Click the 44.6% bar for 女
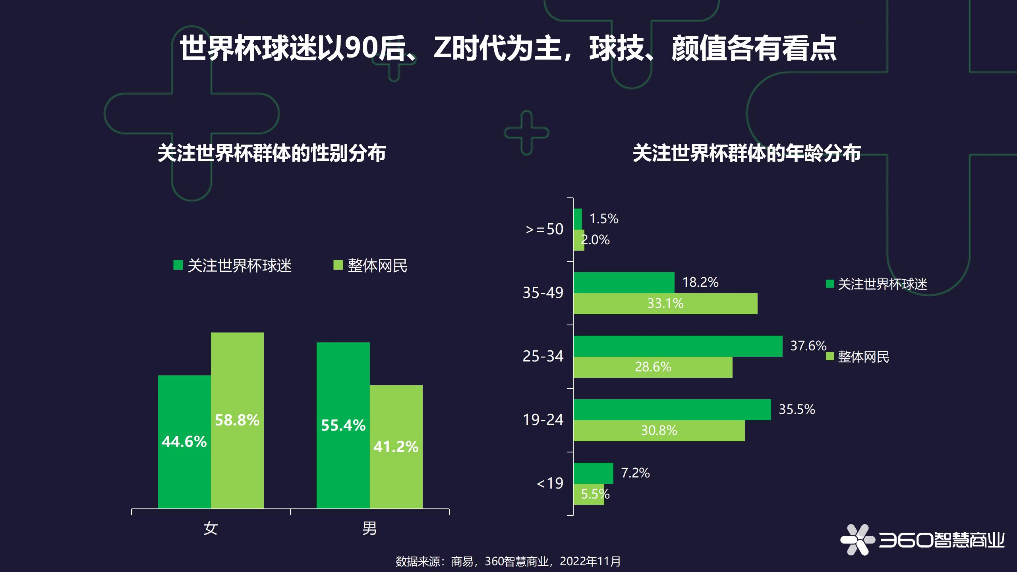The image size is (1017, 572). coord(184,441)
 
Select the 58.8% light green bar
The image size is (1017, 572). coord(237,420)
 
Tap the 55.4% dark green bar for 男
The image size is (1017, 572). coord(343,425)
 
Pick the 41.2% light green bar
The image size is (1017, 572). coord(396,446)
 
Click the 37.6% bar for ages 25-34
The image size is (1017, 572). coord(677,346)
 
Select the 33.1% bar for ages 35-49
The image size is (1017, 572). coord(665,303)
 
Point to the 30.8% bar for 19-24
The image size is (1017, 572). coord(659,431)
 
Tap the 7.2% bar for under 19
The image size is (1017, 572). coord(593,473)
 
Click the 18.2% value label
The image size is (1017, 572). coord(700,282)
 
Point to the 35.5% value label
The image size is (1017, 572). coord(797,410)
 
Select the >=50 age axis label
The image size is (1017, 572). coord(544,229)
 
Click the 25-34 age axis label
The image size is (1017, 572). coord(543,356)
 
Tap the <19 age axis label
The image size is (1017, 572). coord(550,483)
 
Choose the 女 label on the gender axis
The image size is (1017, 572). coord(211,528)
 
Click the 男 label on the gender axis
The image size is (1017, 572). coord(369,528)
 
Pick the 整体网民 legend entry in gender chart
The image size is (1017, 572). coord(370,265)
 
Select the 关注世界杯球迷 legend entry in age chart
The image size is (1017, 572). coord(876,284)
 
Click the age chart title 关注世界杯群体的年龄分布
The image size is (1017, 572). coord(746,153)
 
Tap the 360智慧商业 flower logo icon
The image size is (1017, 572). coord(857,539)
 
